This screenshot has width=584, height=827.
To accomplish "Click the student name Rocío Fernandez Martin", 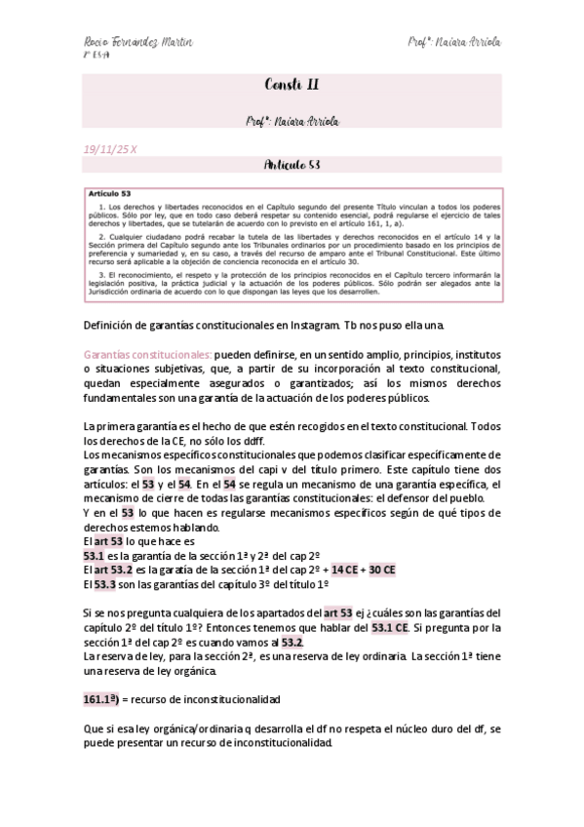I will tap(136, 44).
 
